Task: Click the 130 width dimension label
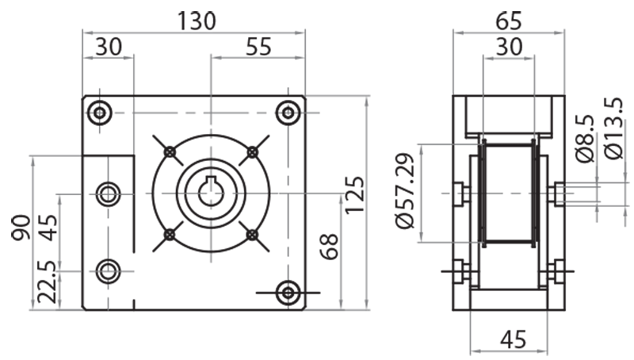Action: (x=194, y=21)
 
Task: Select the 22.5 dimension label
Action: (x=48, y=282)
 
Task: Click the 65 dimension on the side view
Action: (x=508, y=18)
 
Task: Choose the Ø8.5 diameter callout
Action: (x=586, y=140)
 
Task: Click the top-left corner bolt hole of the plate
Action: (x=100, y=113)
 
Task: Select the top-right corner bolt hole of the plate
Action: (x=288, y=113)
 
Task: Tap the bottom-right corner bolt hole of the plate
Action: (x=288, y=293)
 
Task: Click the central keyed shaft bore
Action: (x=211, y=193)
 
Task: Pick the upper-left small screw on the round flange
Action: (x=170, y=151)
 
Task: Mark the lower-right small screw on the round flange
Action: (x=252, y=234)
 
